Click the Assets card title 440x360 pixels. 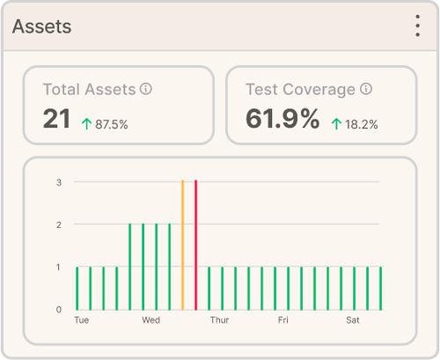42,26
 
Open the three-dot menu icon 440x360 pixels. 418,26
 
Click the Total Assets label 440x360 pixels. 89,89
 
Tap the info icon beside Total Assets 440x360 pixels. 146,89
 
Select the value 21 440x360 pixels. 56,120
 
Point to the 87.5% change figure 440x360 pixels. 112,124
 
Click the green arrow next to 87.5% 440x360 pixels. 86,124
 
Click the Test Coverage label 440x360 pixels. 301,89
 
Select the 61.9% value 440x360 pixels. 282,120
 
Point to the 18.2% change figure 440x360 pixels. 362,124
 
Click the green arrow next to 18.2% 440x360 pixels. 336,124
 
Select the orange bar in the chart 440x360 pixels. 182,245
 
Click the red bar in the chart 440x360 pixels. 195,245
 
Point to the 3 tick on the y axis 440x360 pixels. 59,182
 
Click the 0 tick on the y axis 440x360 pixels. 59,309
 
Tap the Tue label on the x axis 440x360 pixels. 82,320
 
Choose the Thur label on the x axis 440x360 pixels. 219,320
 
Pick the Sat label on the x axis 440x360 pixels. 353,320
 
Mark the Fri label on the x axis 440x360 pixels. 284,320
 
